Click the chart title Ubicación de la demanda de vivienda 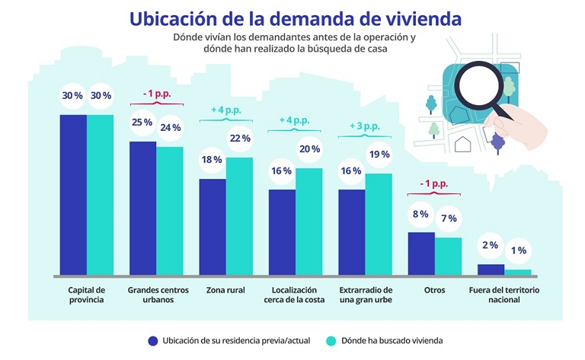pyautogui.click(x=295, y=17)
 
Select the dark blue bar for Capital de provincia pyautogui.click(x=73, y=194)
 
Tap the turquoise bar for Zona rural pyautogui.click(x=239, y=215)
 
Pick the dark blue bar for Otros pyautogui.click(x=421, y=253)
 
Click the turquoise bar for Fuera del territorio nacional pyautogui.click(x=518, y=272)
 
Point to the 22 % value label pyautogui.click(x=240, y=138)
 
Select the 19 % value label pyautogui.click(x=379, y=154)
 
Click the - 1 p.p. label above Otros pyautogui.click(x=435, y=184)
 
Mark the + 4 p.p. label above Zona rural pyautogui.click(x=225, y=110)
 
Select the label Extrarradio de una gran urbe pyautogui.click(x=366, y=295)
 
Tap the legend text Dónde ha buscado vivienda pyautogui.click(x=391, y=340)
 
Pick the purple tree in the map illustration pyautogui.click(x=498, y=140)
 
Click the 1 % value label pyautogui.click(x=518, y=250)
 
